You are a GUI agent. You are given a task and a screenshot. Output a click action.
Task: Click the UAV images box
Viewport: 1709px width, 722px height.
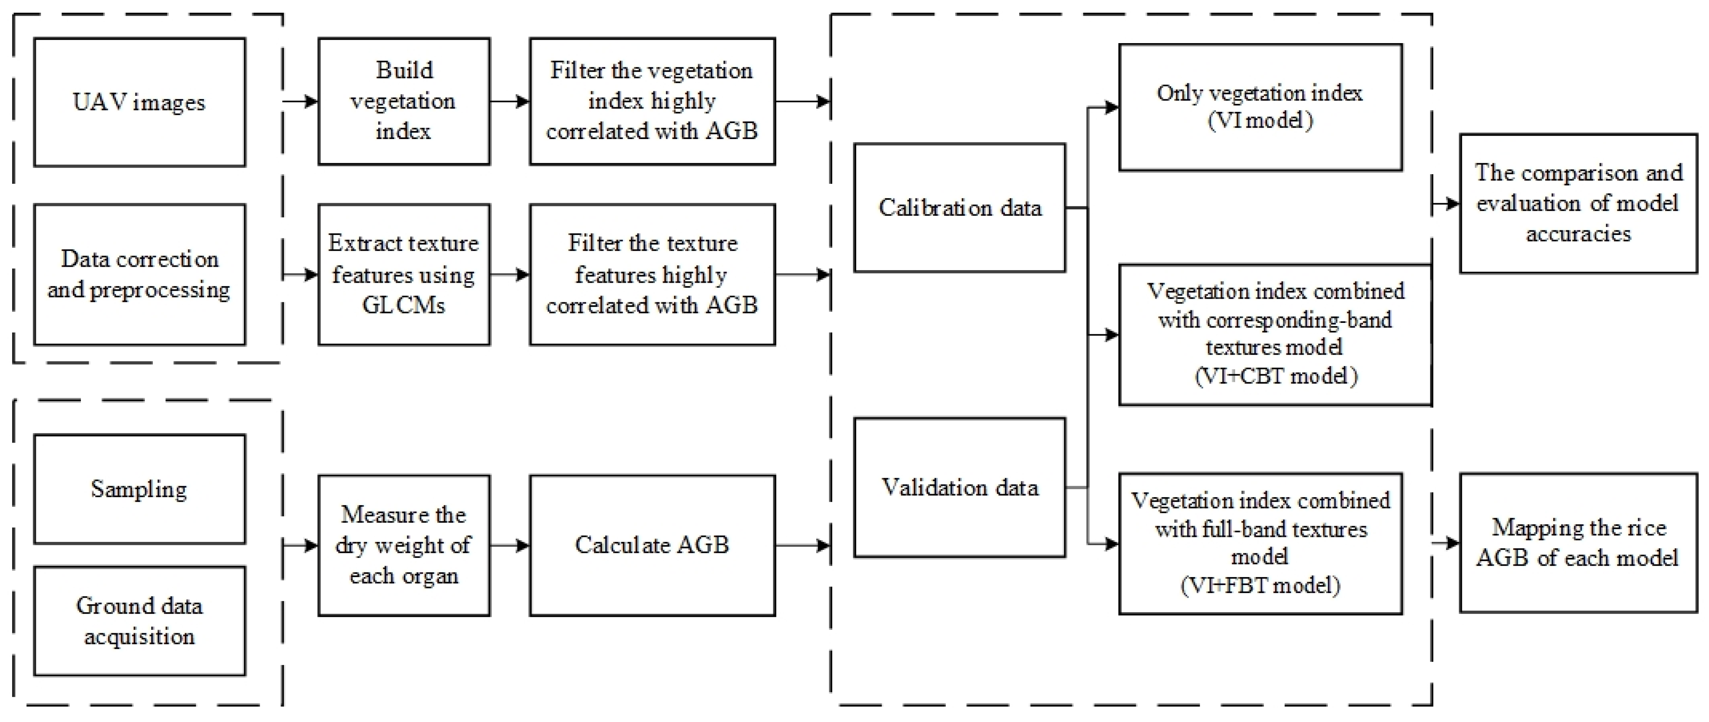139,102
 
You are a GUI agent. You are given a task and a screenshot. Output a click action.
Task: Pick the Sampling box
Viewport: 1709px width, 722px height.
139,489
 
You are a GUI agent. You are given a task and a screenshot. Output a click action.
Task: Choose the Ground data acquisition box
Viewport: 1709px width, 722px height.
139,621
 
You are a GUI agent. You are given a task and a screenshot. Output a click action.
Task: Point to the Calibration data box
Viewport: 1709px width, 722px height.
959,208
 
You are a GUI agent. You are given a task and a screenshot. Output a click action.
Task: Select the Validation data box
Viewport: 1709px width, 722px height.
959,488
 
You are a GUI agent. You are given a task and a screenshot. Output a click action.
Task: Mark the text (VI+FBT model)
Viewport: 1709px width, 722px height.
1260,585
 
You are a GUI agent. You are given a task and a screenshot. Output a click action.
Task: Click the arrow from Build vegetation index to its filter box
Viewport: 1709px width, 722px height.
509,101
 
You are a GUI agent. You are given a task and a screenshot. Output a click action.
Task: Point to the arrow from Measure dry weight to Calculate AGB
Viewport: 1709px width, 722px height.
509,546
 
